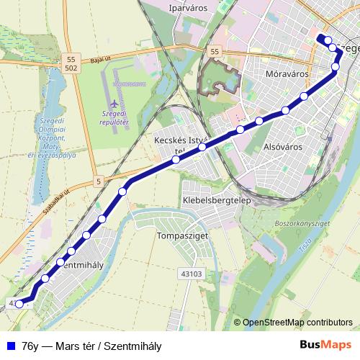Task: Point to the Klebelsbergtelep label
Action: tap(216, 199)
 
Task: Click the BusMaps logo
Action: tap(326, 344)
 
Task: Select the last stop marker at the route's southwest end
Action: tap(19, 305)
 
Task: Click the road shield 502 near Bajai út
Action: tap(71, 68)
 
